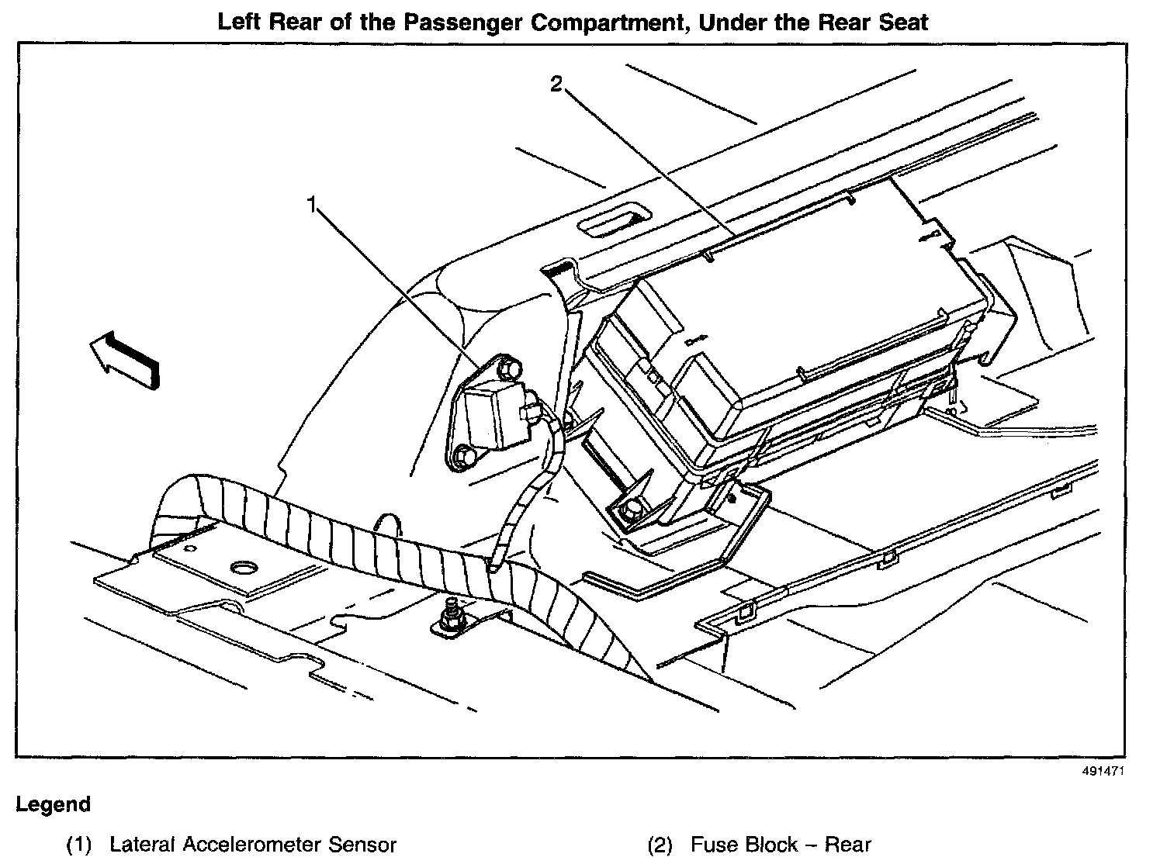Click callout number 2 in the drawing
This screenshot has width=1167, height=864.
556,83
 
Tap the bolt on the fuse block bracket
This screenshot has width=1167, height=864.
632,510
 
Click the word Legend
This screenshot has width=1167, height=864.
53,804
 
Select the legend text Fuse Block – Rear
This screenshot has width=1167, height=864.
781,845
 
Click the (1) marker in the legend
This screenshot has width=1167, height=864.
78,845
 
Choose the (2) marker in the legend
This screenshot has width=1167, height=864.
660,845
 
